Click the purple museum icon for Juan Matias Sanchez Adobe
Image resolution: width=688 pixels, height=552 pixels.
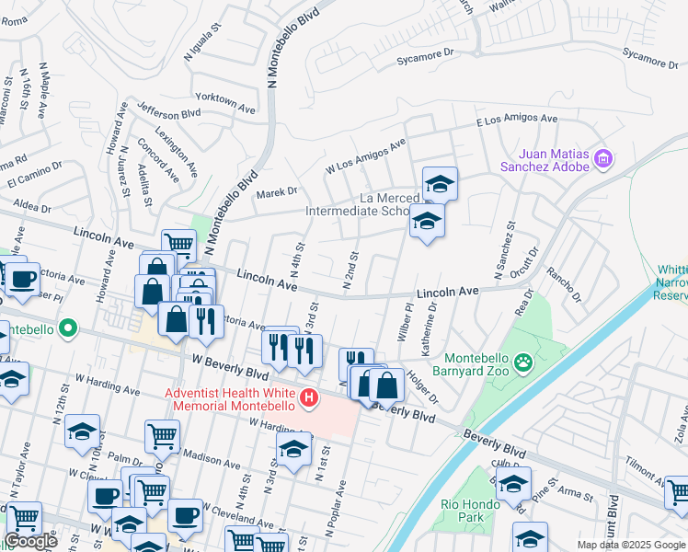tap(603, 160)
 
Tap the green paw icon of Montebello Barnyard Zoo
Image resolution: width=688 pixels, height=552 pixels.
tap(524, 362)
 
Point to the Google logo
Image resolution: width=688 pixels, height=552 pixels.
tap(30, 541)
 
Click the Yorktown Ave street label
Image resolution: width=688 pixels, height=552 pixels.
tap(225, 108)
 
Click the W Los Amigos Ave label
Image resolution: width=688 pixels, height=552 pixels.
tap(365, 156)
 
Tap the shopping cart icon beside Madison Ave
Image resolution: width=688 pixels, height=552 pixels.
tap(162, 435)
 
